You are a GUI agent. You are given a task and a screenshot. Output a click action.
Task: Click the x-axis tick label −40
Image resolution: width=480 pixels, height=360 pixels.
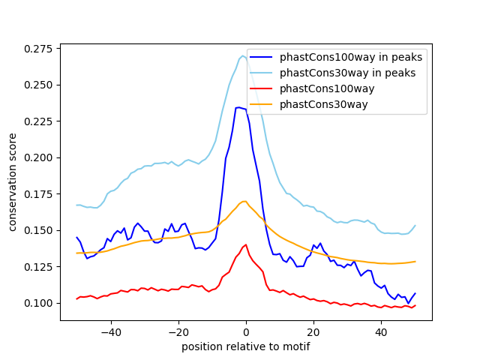[111, 331]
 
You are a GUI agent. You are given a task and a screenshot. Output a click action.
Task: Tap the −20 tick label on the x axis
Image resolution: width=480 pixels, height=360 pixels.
[178, 331]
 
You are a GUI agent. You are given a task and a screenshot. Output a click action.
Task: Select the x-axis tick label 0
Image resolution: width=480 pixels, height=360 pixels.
[246, 331]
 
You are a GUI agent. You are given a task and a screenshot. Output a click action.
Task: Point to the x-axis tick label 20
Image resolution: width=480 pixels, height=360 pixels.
[313, 331]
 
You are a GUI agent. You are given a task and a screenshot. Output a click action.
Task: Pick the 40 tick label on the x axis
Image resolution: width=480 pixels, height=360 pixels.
[381, 331]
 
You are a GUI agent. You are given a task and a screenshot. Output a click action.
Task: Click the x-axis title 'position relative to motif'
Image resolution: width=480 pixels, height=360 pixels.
[246, 346]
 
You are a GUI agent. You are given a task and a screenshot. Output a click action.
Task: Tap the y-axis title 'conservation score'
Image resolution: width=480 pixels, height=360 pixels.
[13, 182]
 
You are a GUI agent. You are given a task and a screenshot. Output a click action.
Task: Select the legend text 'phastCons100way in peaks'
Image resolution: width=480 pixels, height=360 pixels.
[351, 57]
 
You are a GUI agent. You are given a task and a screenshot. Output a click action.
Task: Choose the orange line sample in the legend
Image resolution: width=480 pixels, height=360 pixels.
[262, 104]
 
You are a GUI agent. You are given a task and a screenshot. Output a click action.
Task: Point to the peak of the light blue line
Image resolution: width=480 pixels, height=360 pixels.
[243, 55]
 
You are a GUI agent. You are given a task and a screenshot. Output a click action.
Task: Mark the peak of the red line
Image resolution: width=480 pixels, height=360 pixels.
[246, 244]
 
